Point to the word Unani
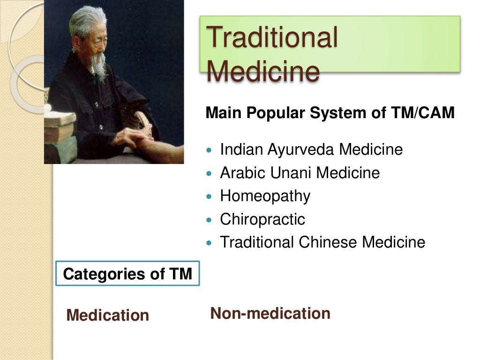tap(291, 173)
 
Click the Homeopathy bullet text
tap(265, 196)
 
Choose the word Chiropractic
tap(262, 219)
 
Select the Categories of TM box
tap(127, 274)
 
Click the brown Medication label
tap(108, 315)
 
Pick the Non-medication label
tap(270, 313)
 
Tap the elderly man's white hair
tap(87, 21)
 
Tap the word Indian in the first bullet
tap(241, 150)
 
